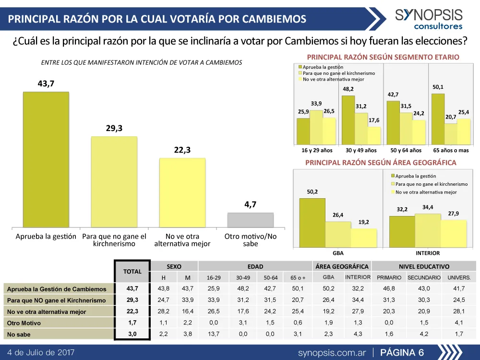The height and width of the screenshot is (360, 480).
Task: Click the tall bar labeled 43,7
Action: (46, 159)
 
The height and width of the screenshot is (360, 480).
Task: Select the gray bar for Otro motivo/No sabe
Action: (250, 220)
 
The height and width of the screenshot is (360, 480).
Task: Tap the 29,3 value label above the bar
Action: (114, 129)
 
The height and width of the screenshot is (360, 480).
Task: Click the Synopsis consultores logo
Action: (429, 19)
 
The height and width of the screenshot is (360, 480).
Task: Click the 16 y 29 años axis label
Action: (317, 150)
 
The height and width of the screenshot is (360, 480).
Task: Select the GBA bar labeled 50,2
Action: (312, 222)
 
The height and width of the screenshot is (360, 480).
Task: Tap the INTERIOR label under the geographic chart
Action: (427, 253)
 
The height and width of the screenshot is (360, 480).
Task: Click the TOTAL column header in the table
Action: (132, 271)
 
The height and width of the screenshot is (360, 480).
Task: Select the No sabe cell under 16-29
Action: (214, 334)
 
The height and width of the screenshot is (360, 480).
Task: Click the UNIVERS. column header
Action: (459, 278)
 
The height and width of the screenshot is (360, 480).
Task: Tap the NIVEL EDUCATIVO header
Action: (424, 266)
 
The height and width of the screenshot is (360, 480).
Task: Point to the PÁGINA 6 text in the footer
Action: (402, 353)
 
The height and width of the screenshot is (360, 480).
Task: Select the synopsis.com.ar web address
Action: (332, 353)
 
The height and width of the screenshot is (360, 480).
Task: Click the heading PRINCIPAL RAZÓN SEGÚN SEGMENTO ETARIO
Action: (383, 57)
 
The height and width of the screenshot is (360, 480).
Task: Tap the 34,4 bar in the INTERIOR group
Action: (428, 230)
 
